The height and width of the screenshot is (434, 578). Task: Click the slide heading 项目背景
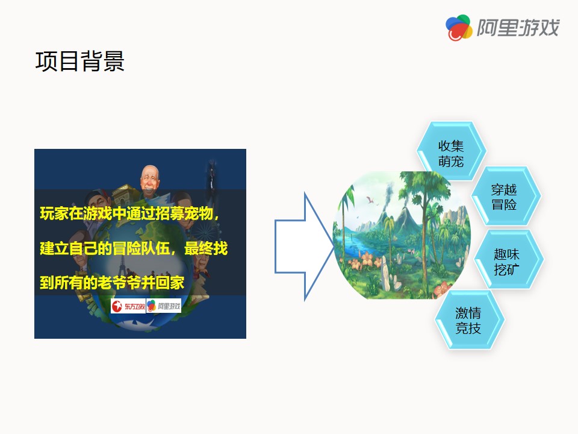pos(79,61)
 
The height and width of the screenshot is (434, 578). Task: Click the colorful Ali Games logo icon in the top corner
pos(459,28)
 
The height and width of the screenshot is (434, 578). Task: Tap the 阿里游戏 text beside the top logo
pos(518,28)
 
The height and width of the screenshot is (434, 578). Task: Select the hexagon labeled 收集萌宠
pos(451,151)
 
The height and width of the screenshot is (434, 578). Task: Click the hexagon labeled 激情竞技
pos(469,319)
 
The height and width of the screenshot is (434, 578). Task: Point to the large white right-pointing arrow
pos(304,246)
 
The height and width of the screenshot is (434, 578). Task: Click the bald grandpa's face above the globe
pos(150,178)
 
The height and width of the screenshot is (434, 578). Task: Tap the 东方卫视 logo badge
pos(128,306)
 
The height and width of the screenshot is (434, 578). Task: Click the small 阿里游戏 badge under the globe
pos(164,306)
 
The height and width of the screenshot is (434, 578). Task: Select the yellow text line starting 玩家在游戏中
pos(130,213)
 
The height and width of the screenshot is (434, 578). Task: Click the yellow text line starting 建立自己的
pos(134,248)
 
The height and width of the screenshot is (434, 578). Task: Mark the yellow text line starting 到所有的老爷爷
pos(112,283)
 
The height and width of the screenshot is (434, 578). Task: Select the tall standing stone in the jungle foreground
pos(385,273)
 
